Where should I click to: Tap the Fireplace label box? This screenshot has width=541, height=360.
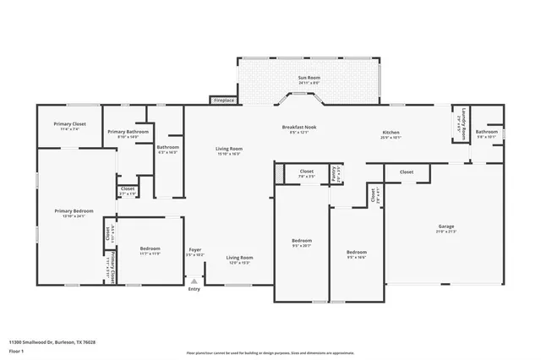[x=223, y=100]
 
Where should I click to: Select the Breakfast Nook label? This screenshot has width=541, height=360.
[x=299, y=128]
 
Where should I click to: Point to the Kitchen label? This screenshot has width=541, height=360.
[x=391, y=134]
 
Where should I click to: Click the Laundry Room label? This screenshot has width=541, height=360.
[x=463, y=123]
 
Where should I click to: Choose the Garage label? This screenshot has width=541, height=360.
[x=446, y=227]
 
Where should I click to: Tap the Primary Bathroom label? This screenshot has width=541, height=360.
[x=127, y=133]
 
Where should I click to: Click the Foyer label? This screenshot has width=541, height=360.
[x=194, y=250]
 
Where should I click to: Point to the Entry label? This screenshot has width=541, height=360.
[x=194, y=289]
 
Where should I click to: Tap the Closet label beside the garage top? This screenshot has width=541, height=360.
[x=407, y=172]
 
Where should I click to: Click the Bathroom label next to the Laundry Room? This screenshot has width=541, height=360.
[x=486, y=133]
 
